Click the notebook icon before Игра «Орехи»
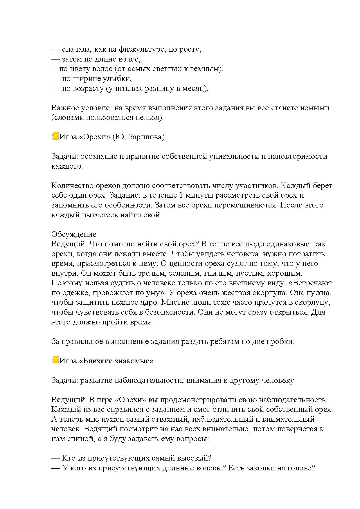pos(55,136)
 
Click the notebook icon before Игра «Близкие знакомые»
pos(55,360)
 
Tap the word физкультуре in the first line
pos(142,49)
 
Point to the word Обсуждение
pos(74,234)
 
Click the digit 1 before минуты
pos(180,195)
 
